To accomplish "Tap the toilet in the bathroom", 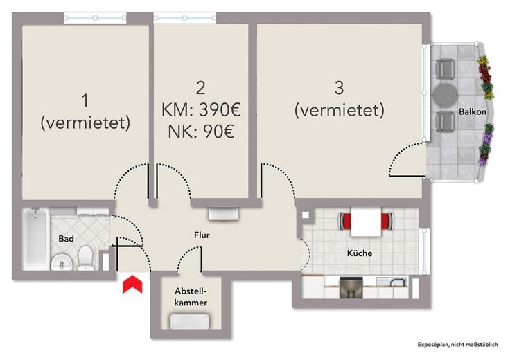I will point(85,258).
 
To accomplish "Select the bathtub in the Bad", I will point(33,240).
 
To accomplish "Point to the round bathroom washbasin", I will point(62,262).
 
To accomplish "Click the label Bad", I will point(66,239).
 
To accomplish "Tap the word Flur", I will point(202,235).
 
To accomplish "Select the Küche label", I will point(359,253).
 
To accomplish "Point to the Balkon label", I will point(472,112).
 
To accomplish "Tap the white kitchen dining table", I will point(365,222).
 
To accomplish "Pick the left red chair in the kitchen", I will point(344,222).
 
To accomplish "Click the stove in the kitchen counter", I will point(351,287).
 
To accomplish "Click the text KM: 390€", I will point(200,109).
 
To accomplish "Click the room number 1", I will point(85,101).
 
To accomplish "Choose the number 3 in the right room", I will point(339,88).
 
